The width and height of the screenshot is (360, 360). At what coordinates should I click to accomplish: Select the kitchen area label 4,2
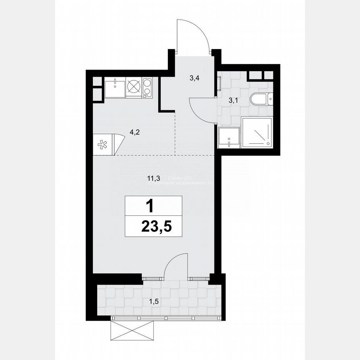[135, 133]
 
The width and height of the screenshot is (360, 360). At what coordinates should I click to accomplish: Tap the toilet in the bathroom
[262, 99]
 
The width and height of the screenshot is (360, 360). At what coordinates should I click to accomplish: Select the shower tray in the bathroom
[257, 132]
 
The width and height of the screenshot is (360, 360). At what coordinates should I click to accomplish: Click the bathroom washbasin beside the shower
[229, 137]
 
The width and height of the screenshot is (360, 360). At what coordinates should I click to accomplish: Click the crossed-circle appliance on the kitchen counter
[134, 87]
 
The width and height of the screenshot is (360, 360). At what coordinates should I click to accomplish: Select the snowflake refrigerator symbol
[102, 145]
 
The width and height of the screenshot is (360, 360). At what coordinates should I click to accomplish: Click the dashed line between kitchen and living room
[154, 155]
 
